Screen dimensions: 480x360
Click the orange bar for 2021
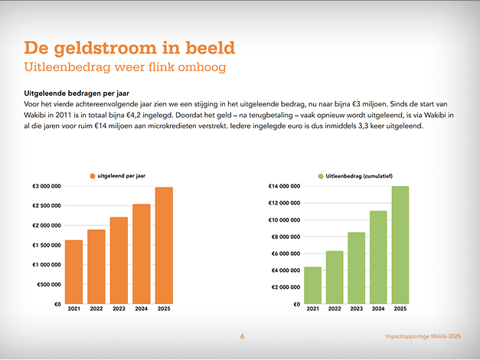(x=73, y=272)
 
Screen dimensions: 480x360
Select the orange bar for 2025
(x=164, y=245)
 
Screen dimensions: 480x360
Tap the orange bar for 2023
(x=119, y=260)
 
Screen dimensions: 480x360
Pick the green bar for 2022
(x=335, y=277)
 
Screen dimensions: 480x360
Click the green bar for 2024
(x=378, y=257)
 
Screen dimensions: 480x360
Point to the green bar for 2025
(x=400, y=245)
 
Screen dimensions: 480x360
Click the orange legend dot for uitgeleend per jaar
(x=93, y=176)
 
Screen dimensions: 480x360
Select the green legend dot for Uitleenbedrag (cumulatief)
(x=321, y=176)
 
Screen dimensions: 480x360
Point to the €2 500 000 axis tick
(x=47, y=206)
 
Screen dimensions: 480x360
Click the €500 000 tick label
(x=49, y=285)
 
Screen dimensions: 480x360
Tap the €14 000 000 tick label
(x=284, y=186)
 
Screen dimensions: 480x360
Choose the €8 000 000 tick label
(x=286, y=237)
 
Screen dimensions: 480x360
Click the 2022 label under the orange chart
(x=96, y=309)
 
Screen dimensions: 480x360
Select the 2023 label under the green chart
(x=357, y=309)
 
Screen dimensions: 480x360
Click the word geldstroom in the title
(x=105, y=48)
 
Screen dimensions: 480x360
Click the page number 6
(x=242, y=336)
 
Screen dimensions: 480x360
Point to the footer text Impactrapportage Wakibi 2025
(x=423, y=336)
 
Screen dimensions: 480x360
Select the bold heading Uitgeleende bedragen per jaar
(x=77, y=93)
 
